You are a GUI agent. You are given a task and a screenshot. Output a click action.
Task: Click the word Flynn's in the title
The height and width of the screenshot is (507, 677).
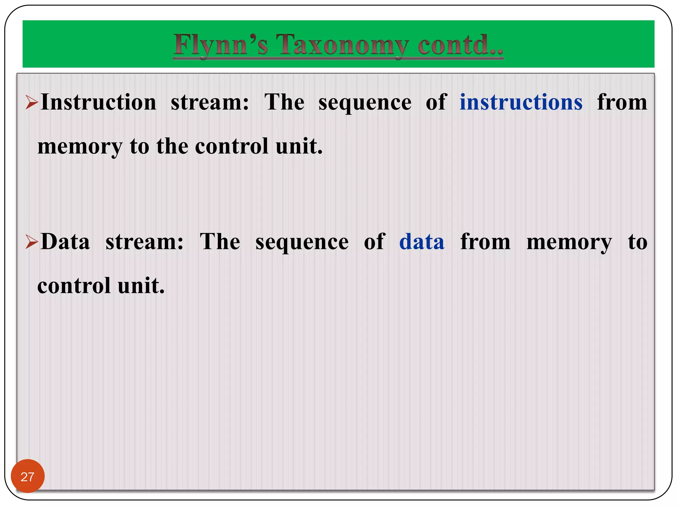(220, 45)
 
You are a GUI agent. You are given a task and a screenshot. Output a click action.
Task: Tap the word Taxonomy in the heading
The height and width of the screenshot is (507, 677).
(342, 45)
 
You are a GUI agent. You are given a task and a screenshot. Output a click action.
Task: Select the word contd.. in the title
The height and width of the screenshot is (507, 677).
(460, 45)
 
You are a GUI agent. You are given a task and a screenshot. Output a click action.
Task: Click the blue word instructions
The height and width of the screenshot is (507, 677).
(521, 102)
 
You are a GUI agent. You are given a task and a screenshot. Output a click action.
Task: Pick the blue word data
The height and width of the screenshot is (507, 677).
(421, 242)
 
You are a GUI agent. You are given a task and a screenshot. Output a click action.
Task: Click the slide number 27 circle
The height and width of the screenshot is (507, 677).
(27, 476)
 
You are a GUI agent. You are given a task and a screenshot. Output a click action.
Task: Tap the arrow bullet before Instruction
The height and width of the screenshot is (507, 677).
(32, 102)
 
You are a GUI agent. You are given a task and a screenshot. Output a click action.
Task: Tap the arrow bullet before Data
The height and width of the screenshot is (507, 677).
(32, 242)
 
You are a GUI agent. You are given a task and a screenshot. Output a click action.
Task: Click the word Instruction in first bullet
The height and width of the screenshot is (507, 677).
(99, 102)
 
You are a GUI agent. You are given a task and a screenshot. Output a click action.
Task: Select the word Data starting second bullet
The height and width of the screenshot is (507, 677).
(65, 242)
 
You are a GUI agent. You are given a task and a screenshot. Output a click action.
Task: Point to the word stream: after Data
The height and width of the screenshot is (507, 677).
(144, 242)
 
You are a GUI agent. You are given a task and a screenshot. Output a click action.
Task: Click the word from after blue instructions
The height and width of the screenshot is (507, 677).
(622, 102)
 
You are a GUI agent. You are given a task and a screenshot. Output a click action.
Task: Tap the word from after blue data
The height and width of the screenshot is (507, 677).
(485, 242)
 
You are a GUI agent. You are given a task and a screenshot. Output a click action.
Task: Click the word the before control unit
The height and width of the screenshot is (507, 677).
(172, 146)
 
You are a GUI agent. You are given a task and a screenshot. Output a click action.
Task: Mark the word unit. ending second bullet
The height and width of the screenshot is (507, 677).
(141, 286)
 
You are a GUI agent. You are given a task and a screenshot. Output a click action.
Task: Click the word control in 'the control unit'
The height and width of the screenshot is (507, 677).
(231, 146)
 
